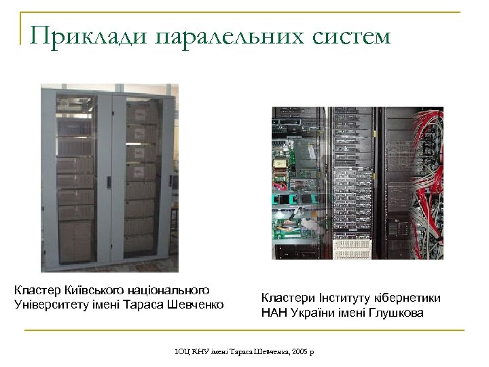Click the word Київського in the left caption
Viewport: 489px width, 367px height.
coord(84,290)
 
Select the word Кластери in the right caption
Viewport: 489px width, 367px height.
coord(287,298)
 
